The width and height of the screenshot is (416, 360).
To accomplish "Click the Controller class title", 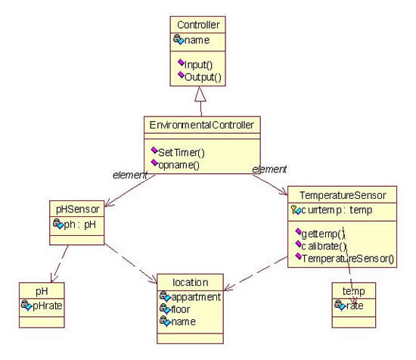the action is pyautogui.click(x=198, y=25).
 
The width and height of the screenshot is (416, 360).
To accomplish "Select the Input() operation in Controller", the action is pyautogui.click(x=198, y=64).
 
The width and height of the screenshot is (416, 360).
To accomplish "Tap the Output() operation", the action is pyautogui.click(x=203, y=77).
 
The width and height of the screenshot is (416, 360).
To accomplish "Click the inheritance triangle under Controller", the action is pyautogui.click(x=200, y=94).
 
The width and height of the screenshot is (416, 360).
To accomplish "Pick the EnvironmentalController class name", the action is pyautogui.click(x=202, y=125).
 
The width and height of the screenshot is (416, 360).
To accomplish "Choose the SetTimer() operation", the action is pyautogui.click(x=182, y=153).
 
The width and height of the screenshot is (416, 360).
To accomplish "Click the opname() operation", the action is pyautogui.click(x=179, y=165).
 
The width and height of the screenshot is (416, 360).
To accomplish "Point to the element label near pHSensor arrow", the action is pyautogui.click(x=130, y=175).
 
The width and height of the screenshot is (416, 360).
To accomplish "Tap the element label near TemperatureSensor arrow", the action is pyautogui.click(x=269, y=169).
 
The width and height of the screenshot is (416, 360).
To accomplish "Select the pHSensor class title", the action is pyautogui.click(x=77, y=209).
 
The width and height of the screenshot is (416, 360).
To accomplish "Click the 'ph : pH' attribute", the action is pyautogui.click(x=79, y=225).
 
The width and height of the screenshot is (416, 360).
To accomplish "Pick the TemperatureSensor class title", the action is pyautogui.click(x=343, y=195).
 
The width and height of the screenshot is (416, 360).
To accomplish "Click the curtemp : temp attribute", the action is pyautogui.click(x=337, y=210).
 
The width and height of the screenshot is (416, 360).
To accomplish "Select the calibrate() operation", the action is pyautogui.click(x=324, y=247).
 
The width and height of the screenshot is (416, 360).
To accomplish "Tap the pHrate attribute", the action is pyautogui.click(x=48, y=306).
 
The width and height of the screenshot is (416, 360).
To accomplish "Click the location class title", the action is pyautogui.click(x=190, y=283).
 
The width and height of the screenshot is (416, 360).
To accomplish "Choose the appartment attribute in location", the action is pyautogui.click(x=196, y=297).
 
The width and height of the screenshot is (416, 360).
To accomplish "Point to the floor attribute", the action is pyautogui.click(x=181, y=309).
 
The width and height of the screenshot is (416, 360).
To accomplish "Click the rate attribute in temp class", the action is pyautogui.click(x=355, y=306).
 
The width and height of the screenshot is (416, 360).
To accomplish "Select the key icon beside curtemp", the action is pyautogui.click(x=293, y=209).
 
